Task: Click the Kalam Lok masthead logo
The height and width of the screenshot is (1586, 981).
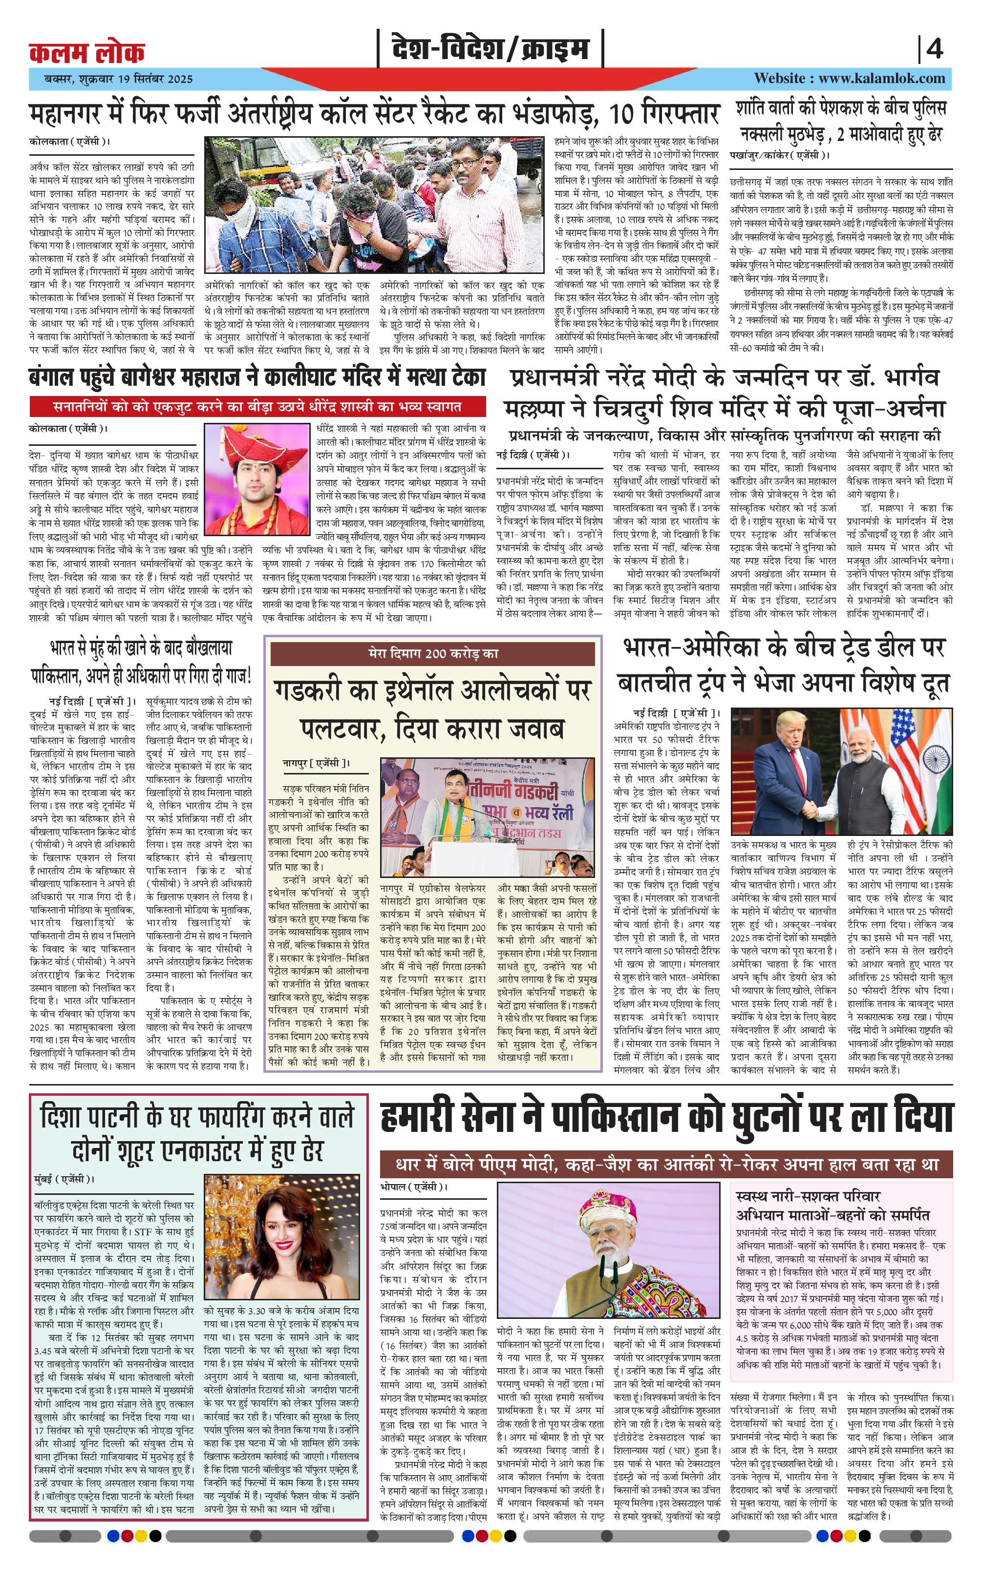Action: (x=87, y=52)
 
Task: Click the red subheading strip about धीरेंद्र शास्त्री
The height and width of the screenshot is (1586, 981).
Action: (x=257, y=407)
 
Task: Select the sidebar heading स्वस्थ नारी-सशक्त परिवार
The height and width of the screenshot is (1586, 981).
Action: (x=809, y=1196)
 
